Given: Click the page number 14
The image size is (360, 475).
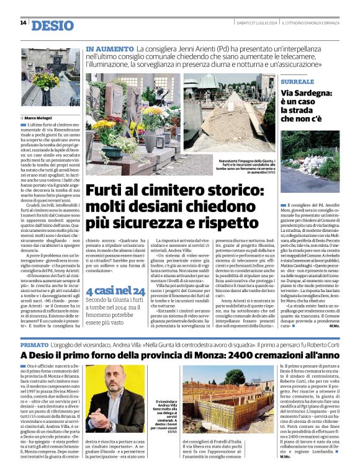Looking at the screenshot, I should (23, 23).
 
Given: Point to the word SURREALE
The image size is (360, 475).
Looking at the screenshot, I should (297, 82).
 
